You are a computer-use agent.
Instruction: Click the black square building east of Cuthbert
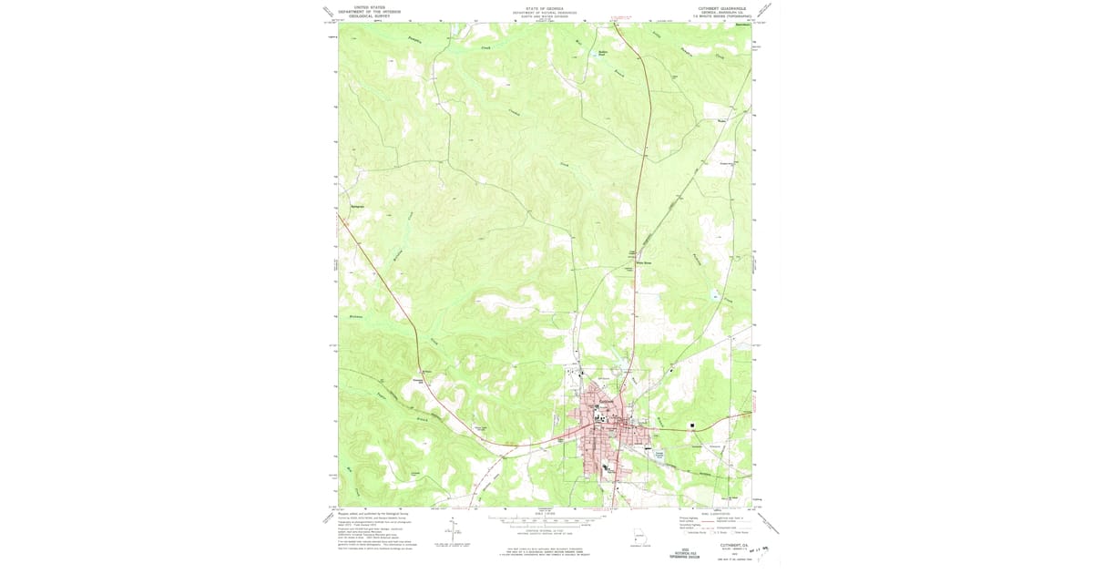[x=691, y=425]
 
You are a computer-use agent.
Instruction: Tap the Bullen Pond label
[x=602, y=54]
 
